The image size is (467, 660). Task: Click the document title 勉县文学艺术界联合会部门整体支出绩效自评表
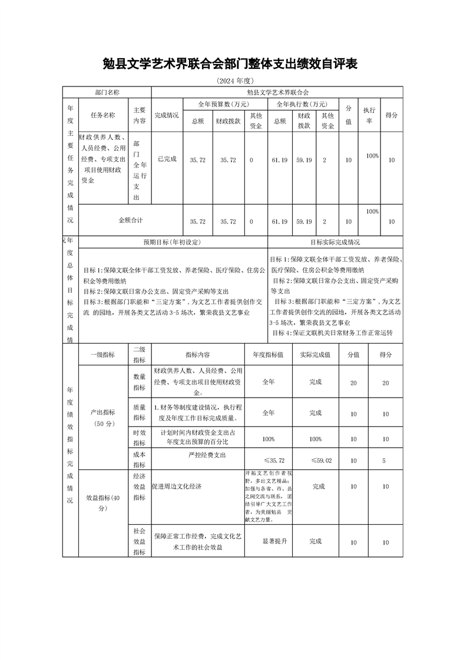(230, 64)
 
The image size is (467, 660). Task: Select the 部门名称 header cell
(107, 92)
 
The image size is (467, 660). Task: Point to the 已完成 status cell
(167, 159)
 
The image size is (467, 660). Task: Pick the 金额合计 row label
(131, 220)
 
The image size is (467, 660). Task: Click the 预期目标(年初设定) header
(173, 242)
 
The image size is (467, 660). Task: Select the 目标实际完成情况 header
(335, 242)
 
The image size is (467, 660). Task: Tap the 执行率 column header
(369, 115)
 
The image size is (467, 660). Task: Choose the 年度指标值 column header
(268, 355)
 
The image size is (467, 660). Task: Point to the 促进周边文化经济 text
(177, 487)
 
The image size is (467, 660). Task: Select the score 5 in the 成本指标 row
(384, 461)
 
